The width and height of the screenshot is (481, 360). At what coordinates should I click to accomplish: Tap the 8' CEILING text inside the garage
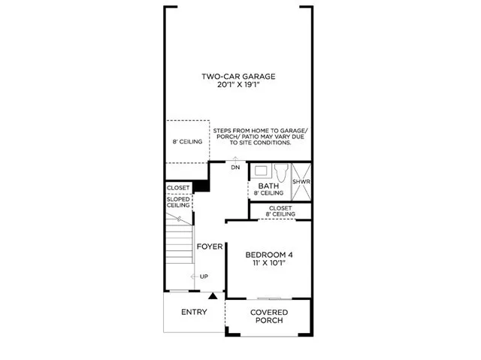tap(187, 141)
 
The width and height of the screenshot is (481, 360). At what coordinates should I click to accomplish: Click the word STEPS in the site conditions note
tap(224, 130)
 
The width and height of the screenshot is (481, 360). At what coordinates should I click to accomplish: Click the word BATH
tap(268, 186)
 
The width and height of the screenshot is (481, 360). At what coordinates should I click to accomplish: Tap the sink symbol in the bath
tap(261, 171)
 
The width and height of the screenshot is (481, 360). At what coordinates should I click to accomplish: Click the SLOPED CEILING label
tap(178, 201)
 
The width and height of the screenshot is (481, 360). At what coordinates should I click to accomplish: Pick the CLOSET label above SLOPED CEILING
tap(178, 188)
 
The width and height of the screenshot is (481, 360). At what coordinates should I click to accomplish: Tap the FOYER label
tap(208, 247)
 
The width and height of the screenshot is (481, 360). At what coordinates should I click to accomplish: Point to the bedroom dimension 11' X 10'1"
tap(269, 265)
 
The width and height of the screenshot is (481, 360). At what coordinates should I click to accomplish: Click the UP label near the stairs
tap(204, 277)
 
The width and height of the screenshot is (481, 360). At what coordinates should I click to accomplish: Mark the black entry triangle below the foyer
tap(213, 296)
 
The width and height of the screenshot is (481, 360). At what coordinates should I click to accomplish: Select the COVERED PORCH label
tap(268, 316)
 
